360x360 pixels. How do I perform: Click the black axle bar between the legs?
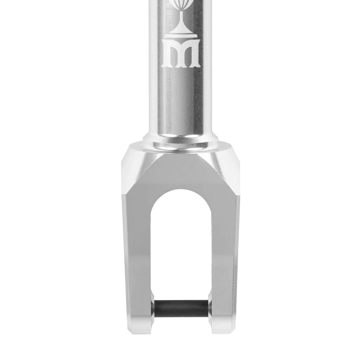point(180,308)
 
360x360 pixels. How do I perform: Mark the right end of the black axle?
point(206,308)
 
